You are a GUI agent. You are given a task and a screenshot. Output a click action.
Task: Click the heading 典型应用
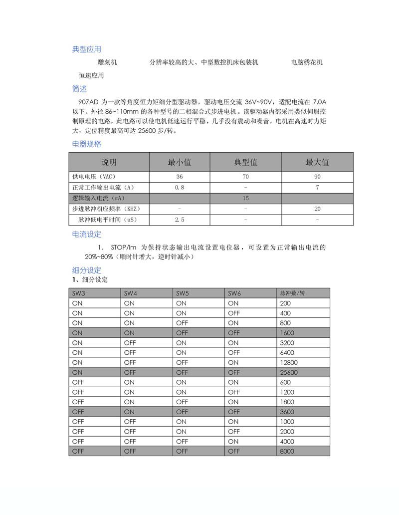[x=87, y=49]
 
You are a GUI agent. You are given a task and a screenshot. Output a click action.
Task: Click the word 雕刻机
[x=107, y=62]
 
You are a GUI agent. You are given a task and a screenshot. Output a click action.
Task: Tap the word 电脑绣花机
[x=307, y=62]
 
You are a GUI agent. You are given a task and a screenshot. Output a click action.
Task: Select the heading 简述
[x=79, y=89]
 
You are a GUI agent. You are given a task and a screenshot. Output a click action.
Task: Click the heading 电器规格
[x=87, y=144]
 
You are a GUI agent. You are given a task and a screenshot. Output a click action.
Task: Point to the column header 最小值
[x=180, y=162]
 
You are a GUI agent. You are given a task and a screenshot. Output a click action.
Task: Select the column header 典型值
[x=246, y=162]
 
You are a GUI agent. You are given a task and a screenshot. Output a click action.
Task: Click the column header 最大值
[x=317, y=162]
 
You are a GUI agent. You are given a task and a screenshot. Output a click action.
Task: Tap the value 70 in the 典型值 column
[x=246, y=177]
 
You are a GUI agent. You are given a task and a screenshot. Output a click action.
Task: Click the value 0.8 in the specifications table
[x=180, y=188]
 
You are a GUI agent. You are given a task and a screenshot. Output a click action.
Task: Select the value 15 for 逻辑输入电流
[x=246, y=198]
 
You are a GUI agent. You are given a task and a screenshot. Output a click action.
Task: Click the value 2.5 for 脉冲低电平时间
[x=180, y=220]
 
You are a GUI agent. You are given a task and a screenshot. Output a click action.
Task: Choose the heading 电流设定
[x=87, y=234]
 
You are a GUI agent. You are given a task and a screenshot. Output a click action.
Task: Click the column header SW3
[x=78, y=293]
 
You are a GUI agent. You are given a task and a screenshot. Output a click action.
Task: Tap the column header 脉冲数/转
[x=293, y=293]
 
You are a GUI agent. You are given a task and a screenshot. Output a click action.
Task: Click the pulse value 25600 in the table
[x=289, y=373]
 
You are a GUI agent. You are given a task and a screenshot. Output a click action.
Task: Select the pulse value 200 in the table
[x=286, y=303]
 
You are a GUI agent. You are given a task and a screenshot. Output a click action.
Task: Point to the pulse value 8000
[x=288, y=452]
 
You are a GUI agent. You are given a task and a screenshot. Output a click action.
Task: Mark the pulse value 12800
[x=289, y=363]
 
